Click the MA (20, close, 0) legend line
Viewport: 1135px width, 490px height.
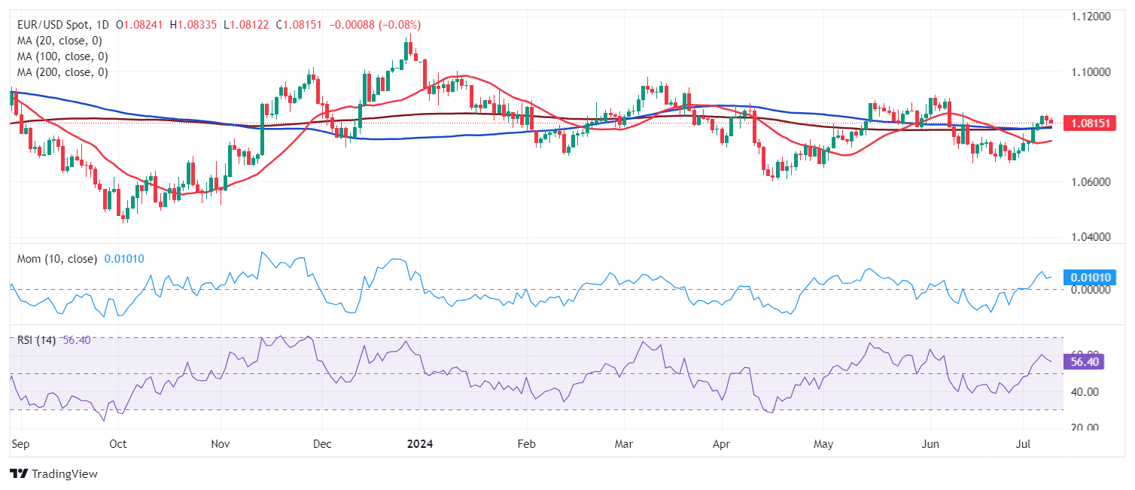pos(59,41)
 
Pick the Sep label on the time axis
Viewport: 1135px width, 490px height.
pos(20,445)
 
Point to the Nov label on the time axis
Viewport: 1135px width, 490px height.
pos(220,445)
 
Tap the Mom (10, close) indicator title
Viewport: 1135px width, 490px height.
pos(57,259)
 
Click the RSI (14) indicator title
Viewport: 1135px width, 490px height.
pos(36,340)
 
